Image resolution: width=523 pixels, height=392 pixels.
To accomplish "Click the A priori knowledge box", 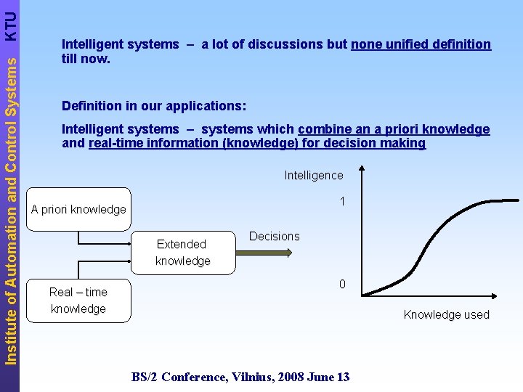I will pos(78,209).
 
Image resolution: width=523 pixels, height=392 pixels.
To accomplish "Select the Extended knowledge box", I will pos(182,253).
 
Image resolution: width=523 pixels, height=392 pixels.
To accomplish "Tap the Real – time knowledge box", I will pos(78,301).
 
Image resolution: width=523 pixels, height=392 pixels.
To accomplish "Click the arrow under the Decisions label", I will pos(264,253).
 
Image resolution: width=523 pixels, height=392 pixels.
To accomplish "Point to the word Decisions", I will pos(274,236).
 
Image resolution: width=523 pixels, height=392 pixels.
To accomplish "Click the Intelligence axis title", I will pos(314,175).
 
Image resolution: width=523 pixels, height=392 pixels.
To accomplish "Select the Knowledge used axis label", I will pos(446,314).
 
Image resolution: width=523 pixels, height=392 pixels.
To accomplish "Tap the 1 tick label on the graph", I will pos(341,201).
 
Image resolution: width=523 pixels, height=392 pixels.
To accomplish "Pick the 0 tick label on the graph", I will pos(341,284).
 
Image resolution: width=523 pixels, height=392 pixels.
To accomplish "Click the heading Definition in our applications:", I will pos(154,106).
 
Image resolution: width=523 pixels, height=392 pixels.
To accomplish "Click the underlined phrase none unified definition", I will pos(421,44).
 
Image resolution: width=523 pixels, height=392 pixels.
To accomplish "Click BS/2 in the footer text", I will pos(145,377).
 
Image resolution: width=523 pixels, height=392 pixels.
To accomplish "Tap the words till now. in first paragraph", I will pos(86,59).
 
